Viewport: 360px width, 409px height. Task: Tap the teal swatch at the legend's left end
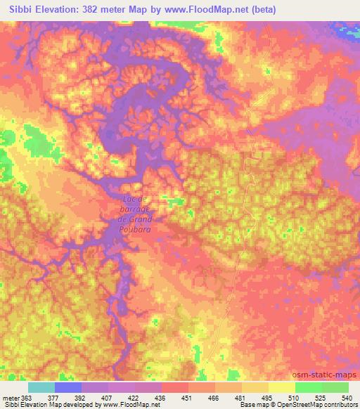coord(41,387)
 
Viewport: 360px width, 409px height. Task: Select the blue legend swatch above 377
coord(68,387)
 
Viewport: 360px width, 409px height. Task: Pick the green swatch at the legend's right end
coord(335,387)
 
